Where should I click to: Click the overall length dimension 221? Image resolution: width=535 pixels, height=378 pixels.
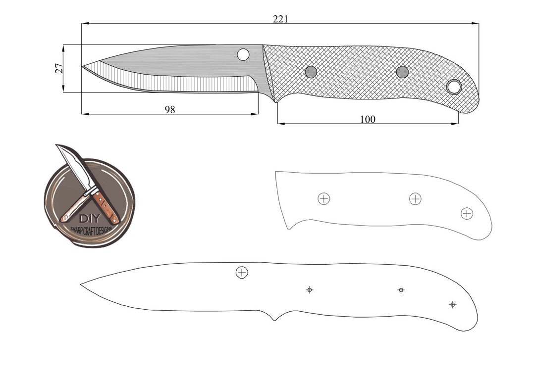280,19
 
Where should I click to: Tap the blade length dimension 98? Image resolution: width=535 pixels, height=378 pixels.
170,109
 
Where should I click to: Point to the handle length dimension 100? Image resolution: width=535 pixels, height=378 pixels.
368,119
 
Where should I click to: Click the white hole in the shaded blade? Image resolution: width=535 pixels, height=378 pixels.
243,54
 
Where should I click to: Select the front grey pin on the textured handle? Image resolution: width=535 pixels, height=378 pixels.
311,72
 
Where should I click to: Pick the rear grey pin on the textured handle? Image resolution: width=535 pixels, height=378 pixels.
402,72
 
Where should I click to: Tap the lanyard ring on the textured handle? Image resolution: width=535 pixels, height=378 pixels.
453,87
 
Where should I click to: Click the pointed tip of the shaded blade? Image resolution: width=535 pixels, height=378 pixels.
83,66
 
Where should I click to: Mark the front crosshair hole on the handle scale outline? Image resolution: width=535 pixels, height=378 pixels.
323,199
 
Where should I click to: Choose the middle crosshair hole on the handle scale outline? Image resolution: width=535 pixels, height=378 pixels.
415,199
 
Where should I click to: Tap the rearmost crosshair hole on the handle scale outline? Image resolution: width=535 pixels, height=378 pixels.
467,213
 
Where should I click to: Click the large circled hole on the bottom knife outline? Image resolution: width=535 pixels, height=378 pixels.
242,272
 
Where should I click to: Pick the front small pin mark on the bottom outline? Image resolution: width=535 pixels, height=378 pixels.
310,289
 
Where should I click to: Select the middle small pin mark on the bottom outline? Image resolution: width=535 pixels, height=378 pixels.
401,289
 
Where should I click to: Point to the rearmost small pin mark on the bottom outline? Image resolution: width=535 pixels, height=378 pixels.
452,304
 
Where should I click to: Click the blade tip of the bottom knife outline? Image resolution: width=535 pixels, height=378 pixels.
82,284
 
